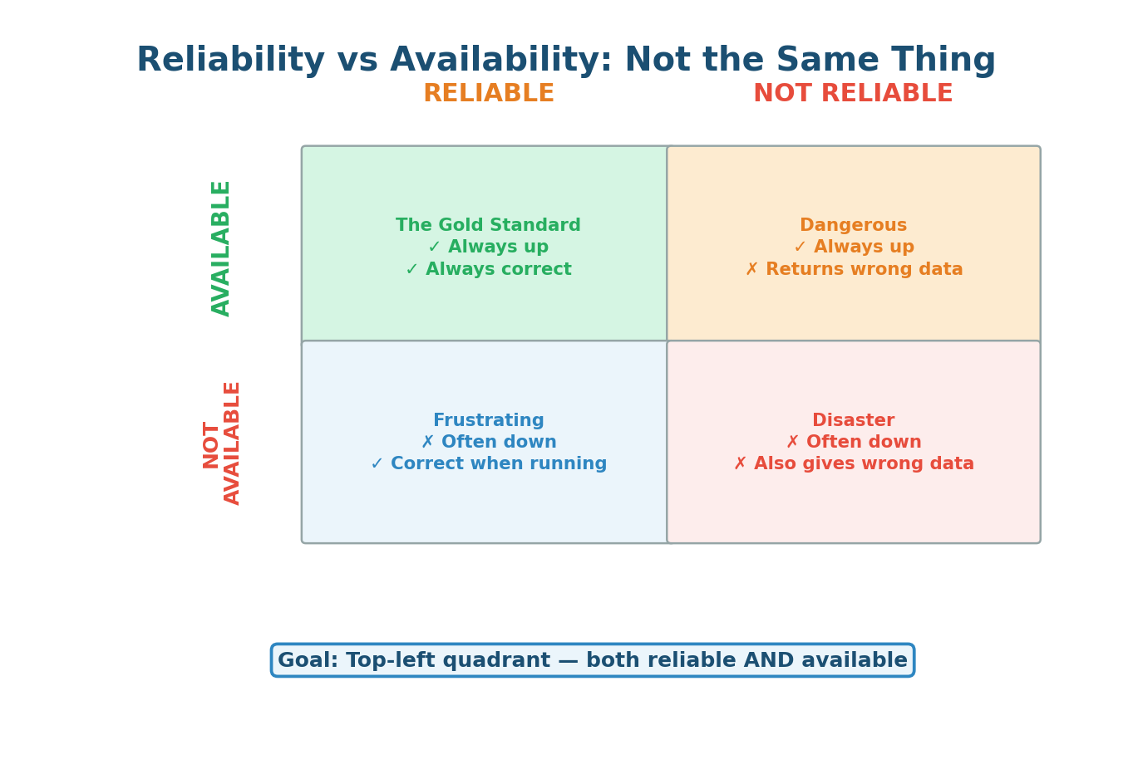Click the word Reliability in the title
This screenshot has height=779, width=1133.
click(229, 61)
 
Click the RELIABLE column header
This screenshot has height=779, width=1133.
click(488, 94)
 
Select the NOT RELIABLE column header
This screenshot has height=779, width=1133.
click(853, 94)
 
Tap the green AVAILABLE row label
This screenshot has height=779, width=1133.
click(221, 247)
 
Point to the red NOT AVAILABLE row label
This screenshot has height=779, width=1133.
click(222, 443)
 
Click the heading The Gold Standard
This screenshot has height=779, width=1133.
click(488, 226)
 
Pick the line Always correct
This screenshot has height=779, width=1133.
click(488, 270)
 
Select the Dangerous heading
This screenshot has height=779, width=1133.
click(853, 226)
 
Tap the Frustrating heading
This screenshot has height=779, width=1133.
click(488, 421)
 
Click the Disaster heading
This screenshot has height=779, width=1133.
click(853, 421)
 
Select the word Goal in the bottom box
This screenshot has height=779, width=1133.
click(308, 661)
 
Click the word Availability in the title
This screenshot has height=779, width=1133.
click(500, 61)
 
